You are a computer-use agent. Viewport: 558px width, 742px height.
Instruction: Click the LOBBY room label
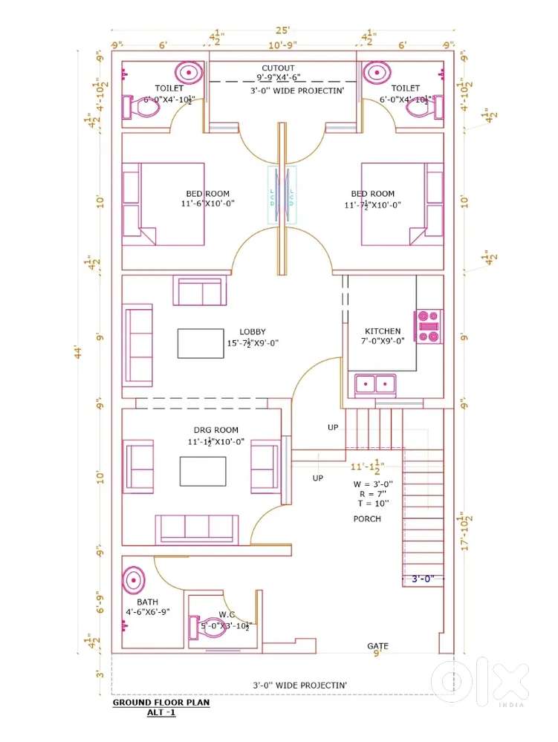coord(253,332)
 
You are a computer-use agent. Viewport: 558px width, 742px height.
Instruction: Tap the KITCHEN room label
coord(383,331)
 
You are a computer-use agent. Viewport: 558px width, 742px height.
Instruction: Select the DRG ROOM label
coord(216,430)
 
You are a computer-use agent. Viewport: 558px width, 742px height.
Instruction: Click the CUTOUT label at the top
coord(278,68)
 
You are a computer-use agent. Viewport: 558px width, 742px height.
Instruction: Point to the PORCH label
coord(367,518)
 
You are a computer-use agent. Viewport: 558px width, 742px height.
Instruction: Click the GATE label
coord(377,646)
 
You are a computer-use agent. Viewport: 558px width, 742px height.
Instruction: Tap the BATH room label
coord(147,602)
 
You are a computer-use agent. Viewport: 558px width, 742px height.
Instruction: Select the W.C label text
coord(227,614)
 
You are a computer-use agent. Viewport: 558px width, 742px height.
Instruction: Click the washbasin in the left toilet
coord(189,73)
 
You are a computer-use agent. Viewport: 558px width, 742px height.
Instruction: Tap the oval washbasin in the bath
coord(134,579)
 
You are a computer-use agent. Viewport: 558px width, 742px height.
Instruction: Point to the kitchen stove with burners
coord(429,327)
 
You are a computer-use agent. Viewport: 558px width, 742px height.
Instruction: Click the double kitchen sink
coord(376,384)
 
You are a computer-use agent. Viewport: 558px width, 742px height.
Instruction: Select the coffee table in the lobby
coord(201,343)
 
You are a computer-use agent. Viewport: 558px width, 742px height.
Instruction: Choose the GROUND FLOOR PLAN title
coord(161,702)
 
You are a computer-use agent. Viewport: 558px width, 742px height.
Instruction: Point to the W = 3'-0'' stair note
coord(373,484)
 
